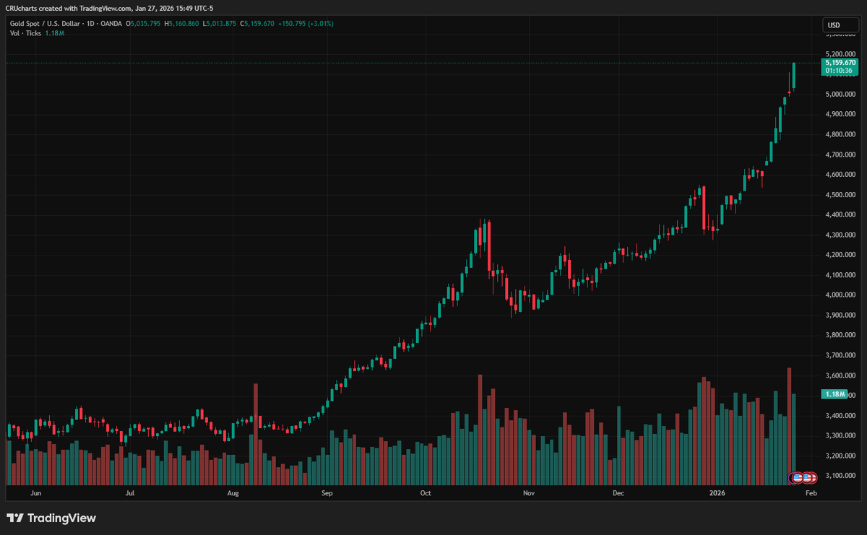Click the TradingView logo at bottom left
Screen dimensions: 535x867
51,518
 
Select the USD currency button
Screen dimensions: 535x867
834,25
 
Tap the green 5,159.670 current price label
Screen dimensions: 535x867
840,63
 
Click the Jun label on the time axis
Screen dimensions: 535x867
35,494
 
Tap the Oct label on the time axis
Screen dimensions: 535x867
426,494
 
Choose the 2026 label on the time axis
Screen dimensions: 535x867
717,494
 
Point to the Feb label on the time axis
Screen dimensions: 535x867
811,494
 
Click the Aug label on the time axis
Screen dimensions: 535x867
233,494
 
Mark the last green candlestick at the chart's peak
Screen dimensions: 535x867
794,76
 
